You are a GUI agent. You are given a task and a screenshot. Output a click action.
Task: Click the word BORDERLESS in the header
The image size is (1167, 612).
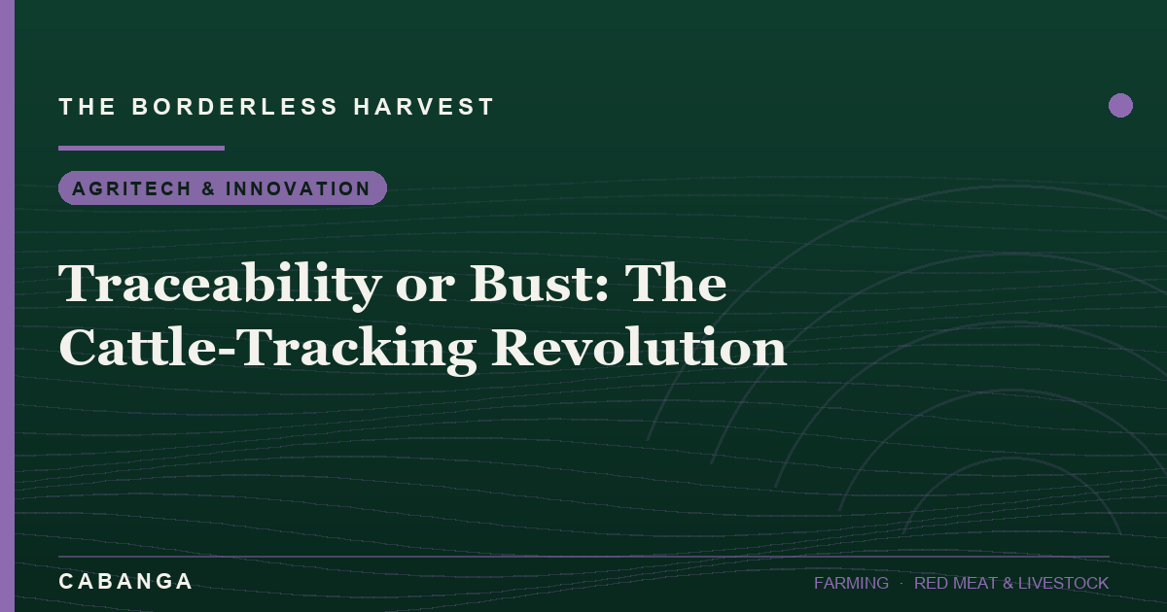tap(235, 107)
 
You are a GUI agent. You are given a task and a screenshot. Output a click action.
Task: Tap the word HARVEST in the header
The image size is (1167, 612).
tap(424, 107)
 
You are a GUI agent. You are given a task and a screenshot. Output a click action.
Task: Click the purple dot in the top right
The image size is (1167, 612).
tap(1120, 106)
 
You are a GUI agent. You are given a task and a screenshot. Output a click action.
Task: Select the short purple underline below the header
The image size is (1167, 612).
tap(141, 149)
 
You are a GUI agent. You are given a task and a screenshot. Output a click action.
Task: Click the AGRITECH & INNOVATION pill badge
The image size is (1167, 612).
tap(223, 187)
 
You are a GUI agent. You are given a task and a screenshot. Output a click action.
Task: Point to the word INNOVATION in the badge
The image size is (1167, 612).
tap(298, 188)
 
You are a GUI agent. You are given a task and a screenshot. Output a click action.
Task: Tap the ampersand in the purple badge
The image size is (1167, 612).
tap(208, 188)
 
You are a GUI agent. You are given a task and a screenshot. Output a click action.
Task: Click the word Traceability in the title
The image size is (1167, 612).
tap(220, 285)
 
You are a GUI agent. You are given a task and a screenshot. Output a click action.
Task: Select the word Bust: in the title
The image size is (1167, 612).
tap(540, 284)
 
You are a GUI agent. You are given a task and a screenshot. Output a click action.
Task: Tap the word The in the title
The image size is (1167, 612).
tap(676, 283)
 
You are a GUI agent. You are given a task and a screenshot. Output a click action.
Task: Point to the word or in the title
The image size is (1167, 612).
tap(425, 289)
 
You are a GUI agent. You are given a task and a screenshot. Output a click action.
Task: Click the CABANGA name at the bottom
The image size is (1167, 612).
tap(125, 581)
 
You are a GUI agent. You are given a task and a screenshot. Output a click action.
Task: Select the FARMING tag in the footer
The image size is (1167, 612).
tap(851, 583)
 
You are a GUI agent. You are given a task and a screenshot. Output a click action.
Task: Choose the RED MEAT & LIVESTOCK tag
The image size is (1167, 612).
tap(1011, 583)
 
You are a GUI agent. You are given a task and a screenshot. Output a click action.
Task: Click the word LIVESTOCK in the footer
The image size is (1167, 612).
tap(1063, 583)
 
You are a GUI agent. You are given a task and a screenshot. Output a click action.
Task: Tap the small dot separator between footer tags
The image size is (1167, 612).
tap(902, 584)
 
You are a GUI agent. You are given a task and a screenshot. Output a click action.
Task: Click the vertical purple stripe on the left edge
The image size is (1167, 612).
tap(8, 306)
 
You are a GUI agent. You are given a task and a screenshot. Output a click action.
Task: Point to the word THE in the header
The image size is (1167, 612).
tap(87, 107)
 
